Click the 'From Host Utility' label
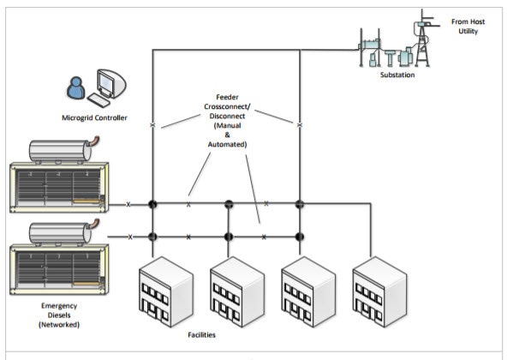coord(470,26)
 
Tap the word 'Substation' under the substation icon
coord(397,75)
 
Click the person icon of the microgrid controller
coord(75,87)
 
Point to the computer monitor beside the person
coord(109,84)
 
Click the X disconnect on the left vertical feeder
coord(152,126)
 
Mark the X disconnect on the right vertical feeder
coord(300,126)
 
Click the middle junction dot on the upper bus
coord(229,205)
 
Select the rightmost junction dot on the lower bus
coord(300,236)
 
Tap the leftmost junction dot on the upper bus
coord(152,205)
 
